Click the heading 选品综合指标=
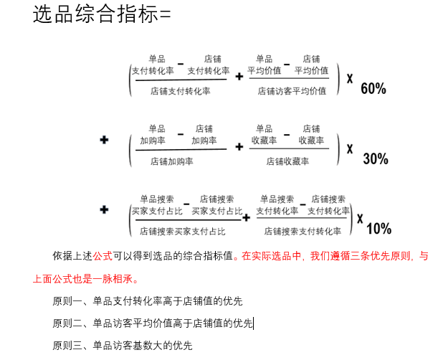[x=102, y=14]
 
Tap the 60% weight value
[x=373, y=89]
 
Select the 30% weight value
[x=375, y=158]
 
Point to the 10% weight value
[x=378, y=229]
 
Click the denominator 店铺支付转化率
[x=180, y=91]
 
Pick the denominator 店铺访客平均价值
[x=292, y=91]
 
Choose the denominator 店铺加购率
[x=172, y=161]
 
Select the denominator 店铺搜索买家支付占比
[x=182, y=232]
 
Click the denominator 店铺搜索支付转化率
[x=303, y=232]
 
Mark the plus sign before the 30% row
[x=105, y=140]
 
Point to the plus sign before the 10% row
[x=105, y=210]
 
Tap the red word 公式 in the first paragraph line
[x=103, y=256]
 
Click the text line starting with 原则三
[x=123, y=346]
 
